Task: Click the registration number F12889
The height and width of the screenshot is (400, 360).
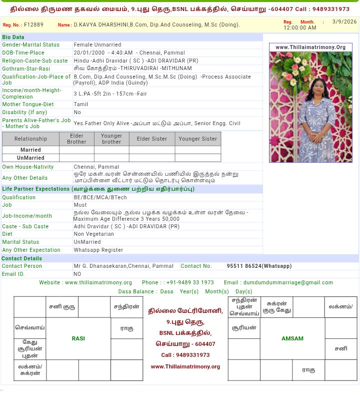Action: [x=33, y=25]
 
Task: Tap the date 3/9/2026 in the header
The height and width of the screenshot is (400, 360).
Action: [x=344, y=22]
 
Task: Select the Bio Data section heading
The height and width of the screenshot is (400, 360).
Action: [x=13, y=37]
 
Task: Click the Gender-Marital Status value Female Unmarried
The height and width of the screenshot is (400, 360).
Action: [x=97, y=45]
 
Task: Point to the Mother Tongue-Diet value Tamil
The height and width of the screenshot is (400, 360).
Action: [x=80, y=105]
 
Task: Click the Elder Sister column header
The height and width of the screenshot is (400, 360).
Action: [x=152, y=139]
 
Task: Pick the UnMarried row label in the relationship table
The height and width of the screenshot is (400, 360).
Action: [x=30, y=158]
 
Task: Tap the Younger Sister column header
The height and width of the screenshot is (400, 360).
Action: [x=198, y=139]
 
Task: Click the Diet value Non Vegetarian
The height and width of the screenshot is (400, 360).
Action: [x=94, y=234]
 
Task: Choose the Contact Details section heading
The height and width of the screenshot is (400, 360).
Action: [x=21, y=258]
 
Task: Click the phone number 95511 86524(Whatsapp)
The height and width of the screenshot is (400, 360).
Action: [x=259, y=266]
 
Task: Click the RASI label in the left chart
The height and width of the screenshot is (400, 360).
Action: [x=78, y=338]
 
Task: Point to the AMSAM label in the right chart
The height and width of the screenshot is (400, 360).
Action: [x=292, y=338]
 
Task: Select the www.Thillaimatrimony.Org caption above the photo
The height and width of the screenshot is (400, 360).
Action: [x=310, y=48]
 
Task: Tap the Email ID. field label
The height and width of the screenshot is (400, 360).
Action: [x=13, y=274]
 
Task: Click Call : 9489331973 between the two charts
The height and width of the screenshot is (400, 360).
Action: [x=185, y=355]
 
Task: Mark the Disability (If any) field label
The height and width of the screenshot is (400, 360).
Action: [x=24, y=113]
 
